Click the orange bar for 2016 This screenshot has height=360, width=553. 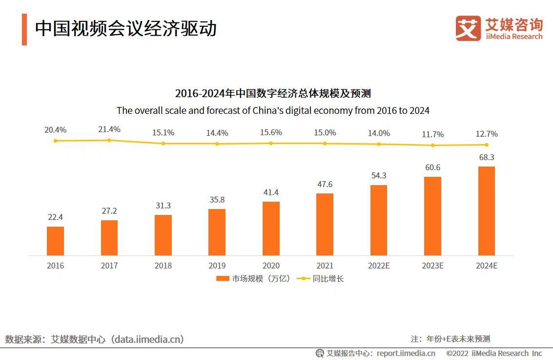point(55,241)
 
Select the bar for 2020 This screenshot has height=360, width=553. point(271,229)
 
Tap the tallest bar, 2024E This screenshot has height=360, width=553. point(486,211)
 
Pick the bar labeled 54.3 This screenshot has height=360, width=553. point(379,220)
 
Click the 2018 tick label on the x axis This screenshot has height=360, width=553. point(163,266)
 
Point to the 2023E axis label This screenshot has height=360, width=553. point(432,266)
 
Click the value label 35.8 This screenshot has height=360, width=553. point(217,200)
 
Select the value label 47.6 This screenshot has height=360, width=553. point(325,184)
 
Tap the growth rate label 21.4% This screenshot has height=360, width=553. point(109,129)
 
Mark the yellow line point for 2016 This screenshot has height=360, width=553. point(55,141)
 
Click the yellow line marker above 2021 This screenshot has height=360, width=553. point(325,143)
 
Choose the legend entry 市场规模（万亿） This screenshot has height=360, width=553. point(253,279)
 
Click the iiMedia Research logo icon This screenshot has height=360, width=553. point(468,28)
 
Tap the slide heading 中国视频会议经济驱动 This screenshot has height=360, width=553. point(125,29)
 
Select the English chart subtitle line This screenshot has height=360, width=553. point(273,110)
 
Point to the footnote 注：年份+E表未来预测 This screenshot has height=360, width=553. point(450,339)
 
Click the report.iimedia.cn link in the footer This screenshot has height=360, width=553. point(406,353)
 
